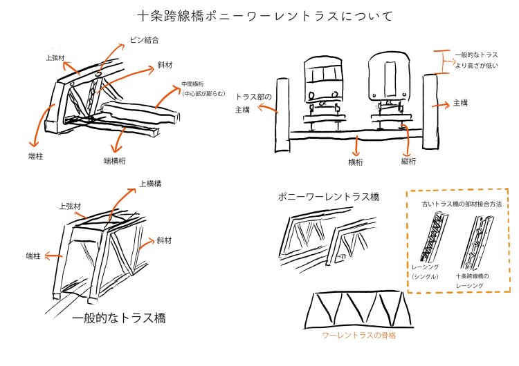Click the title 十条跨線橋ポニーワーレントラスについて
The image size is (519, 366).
[x=259, y=15]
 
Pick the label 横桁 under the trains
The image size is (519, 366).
[x=356, y=162]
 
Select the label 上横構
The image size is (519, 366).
[x=151, y=184]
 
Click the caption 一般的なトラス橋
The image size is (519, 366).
[x=118, y=319]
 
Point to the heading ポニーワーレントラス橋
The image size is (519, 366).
[x=329, y=198]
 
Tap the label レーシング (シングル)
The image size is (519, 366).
[x=424, y=271]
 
